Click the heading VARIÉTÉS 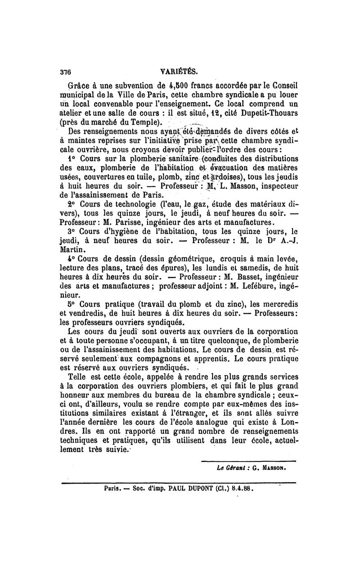[x=179, y=71]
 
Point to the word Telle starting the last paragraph [x=77, y=377]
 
